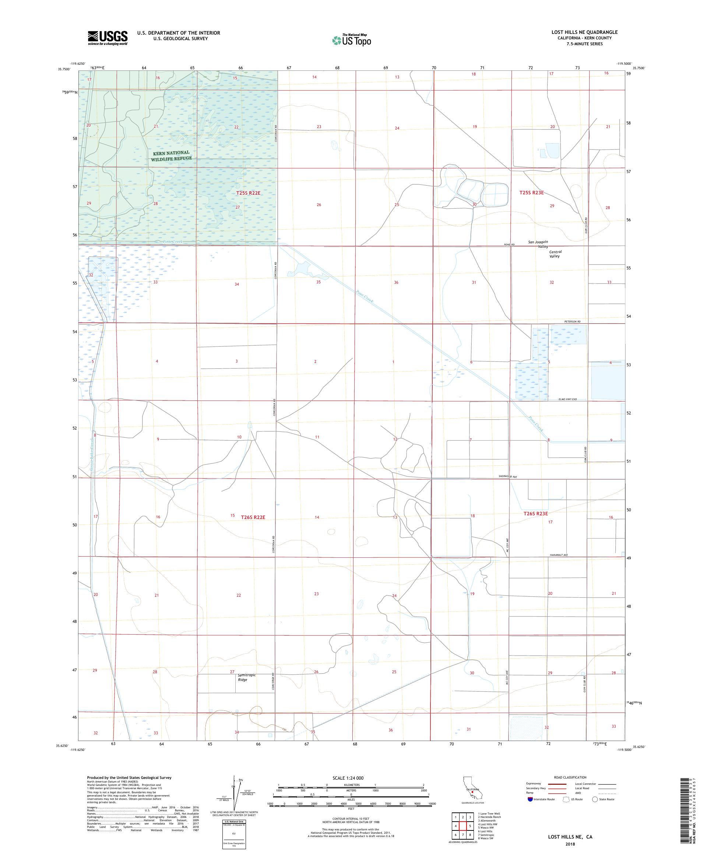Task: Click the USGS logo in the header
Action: click(108, 38)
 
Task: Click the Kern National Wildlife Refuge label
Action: click(171, 156)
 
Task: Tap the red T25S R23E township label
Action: click(531, 193)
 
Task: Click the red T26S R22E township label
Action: click(253, 517)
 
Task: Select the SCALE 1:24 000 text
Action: click(351, 778)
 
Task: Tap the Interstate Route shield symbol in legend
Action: click(530, 799)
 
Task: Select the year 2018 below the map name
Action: click(569, 844)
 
